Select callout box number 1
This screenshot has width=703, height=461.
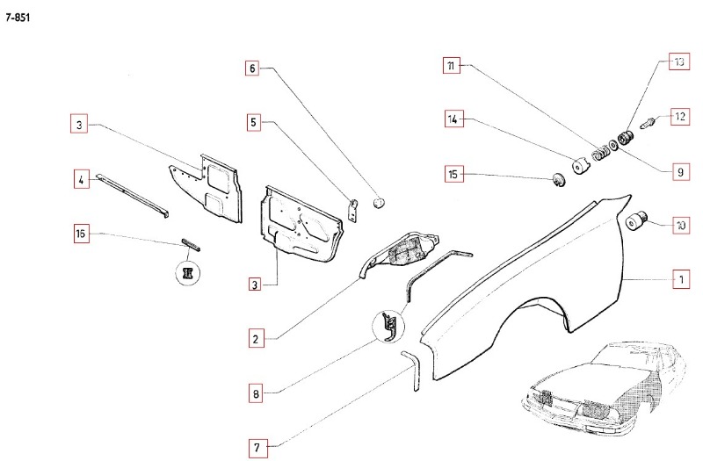679,280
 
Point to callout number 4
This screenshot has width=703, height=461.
81,180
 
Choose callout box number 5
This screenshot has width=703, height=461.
254,123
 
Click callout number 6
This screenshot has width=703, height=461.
253,68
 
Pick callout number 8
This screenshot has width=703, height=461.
256,394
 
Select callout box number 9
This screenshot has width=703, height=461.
679,173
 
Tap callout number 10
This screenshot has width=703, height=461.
679,225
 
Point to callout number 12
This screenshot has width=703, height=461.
679,116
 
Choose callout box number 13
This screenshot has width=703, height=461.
679,61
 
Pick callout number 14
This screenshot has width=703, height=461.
453,119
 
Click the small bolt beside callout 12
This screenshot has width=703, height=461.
649,124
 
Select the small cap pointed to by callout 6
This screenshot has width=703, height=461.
380,201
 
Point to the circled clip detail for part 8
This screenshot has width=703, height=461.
388,326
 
